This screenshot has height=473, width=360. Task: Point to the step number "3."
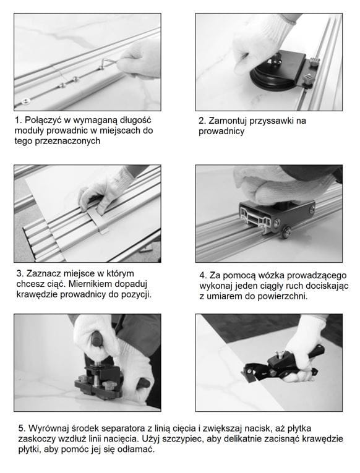20,274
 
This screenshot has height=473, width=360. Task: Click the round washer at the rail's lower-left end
25,100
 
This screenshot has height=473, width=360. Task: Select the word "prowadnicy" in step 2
221,132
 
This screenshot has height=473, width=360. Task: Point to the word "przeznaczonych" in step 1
67,141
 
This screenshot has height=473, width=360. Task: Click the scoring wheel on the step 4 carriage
285,232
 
